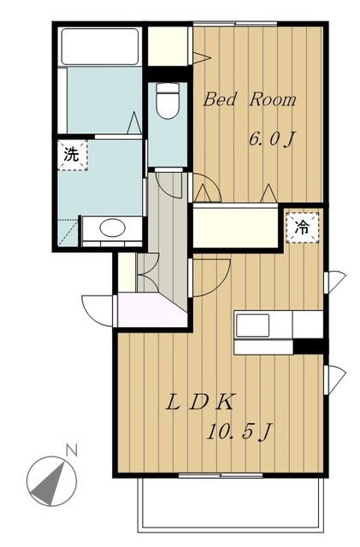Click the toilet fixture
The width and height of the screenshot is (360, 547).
[x=168, y=101]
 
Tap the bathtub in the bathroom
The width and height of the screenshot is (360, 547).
[x=100, y=46]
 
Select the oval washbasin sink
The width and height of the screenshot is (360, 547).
[x=112, y=228]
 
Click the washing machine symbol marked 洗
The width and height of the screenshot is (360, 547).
[x=73, y=156]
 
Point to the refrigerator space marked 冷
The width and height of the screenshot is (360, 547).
[x=303, y=228]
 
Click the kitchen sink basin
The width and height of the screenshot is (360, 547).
[x=253, y=325]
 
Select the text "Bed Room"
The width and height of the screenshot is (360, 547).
[x=250, y=99]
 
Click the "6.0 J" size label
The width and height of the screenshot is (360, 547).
[x=271, y=140]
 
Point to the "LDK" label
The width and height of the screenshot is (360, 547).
[x=200, y=403]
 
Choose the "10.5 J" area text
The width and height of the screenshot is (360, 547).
[x=239, y=432]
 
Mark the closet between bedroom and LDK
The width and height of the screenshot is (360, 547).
[x=236, y=226]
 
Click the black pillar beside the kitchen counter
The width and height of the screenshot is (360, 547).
[x=309, y=346]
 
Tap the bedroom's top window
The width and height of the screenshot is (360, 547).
[x=235, y=24]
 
